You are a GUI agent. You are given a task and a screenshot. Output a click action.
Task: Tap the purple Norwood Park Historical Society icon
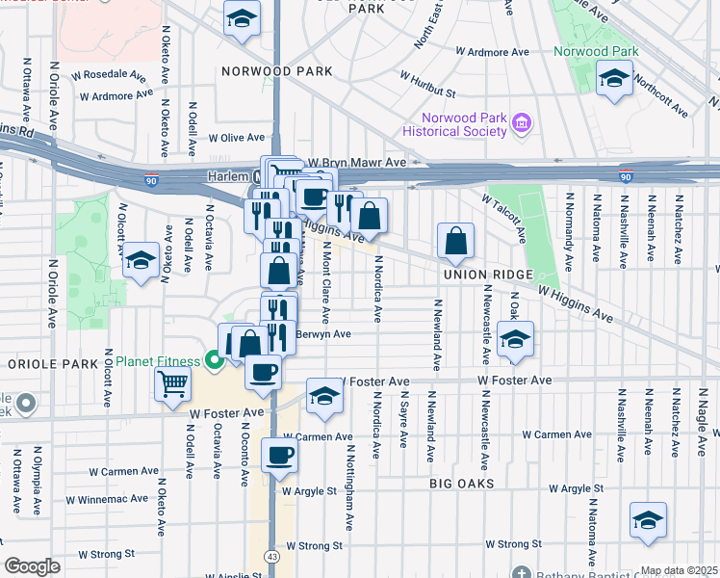pos(522,122)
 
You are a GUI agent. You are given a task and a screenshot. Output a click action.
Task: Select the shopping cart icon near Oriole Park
pos(173,383)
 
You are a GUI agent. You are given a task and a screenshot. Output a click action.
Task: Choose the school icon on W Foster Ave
pos(324,395)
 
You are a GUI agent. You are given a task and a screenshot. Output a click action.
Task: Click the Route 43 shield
pos(272,557)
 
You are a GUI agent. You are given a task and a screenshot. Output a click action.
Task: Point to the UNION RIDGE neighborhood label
pos(488,275)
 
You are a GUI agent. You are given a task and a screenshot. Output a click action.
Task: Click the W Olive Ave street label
pos(236,138)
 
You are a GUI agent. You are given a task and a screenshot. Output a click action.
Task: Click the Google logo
pos(32,566)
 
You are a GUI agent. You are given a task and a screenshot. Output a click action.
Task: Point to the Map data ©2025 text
pos(679,570)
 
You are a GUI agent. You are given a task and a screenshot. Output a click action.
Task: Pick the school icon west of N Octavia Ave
pos(141,260)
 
